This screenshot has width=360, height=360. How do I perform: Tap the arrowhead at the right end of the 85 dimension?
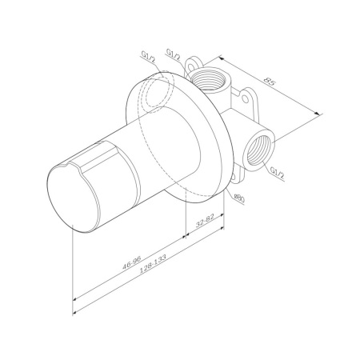(x=321, y=114)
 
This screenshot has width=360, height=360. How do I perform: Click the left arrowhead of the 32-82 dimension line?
(x=186, y=230)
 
